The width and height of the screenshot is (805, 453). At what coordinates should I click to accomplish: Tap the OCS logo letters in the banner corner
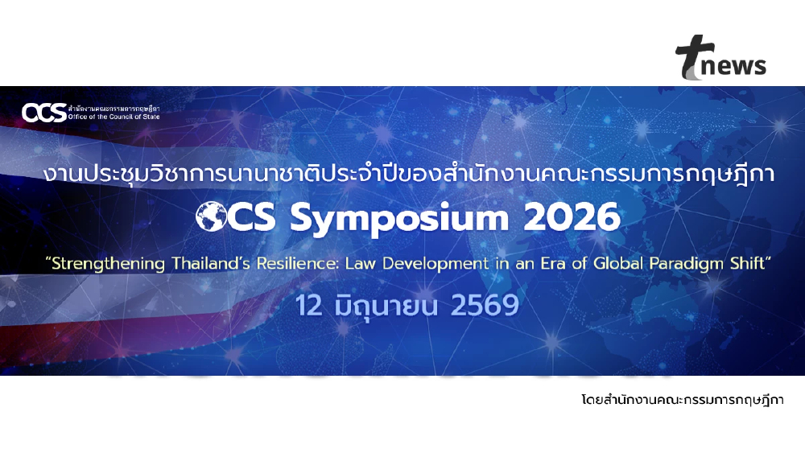tap(44, 113)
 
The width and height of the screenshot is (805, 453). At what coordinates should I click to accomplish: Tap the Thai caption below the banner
tap(681, 400)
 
